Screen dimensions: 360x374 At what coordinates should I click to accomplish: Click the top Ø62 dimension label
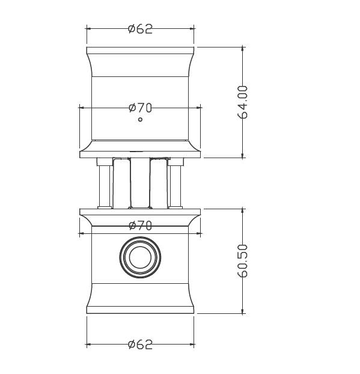coord(140,29)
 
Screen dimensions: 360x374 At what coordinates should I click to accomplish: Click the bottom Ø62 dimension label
coord(140,345)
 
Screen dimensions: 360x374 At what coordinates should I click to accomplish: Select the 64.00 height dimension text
coord(243,102)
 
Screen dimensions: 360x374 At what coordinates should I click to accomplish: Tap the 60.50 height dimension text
coord(243,261)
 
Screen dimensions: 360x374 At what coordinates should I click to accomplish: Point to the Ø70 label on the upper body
coord(140,108)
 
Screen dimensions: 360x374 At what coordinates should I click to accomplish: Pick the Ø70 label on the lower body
coord(140,225)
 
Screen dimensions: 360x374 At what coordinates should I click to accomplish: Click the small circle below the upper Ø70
coord(140,120)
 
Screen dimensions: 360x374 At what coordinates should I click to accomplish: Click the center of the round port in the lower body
coord(140,257)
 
